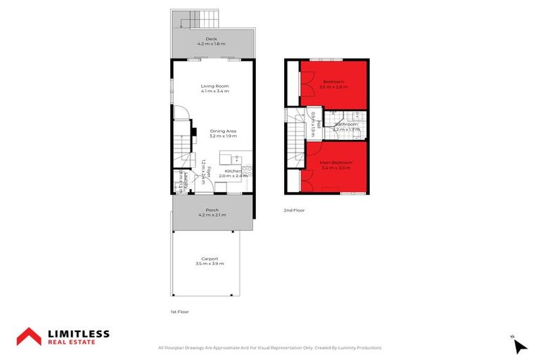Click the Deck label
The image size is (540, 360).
[212, 39]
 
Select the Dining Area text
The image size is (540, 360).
[222, 131]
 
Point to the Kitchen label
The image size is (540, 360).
[233, 171]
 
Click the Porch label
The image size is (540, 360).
[212, 210]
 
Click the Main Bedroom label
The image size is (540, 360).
[336, 162]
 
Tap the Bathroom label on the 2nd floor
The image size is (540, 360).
[346, 124]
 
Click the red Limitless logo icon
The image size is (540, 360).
[30, 337]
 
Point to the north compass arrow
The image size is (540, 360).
[520, 346]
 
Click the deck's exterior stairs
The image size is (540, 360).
[210, 20]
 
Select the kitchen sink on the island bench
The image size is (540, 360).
[237, 157]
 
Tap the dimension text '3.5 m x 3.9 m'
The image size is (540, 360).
[210, 264]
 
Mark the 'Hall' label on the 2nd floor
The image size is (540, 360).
[318, 124]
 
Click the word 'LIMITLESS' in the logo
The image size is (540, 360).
[78, 333]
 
